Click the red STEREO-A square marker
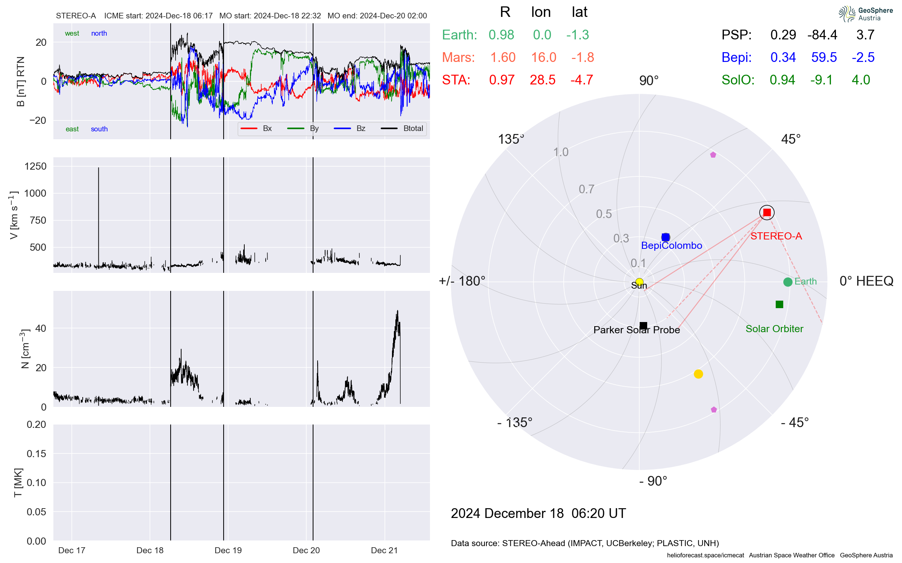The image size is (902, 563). tap(767, 212)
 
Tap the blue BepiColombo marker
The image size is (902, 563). tap(666, 237)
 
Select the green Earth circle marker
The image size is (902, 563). tap(788, 282)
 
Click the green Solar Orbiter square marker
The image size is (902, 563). tap(779, 304)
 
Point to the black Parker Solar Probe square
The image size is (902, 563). tap(643, 325)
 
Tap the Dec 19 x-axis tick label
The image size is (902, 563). tap(228, 550)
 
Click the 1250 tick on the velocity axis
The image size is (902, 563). tap(35, 166)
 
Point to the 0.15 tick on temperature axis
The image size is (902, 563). tap(36, 453)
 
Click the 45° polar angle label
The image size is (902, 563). tap(791, 139)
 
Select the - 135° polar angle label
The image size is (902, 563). tap(515, 423)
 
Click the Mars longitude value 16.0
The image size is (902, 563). tap(543, 57)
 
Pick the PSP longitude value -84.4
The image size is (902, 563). tap(822, 35)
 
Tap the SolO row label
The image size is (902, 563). tap(738, 80)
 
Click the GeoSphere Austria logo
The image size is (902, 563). tap(866, 14)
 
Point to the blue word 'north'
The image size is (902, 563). tap(99, 33)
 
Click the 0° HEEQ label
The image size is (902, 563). tap(866, 281)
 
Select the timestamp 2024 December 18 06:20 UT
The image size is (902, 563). tap(538, 513)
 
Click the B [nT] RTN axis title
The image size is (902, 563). tap(21, 81)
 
